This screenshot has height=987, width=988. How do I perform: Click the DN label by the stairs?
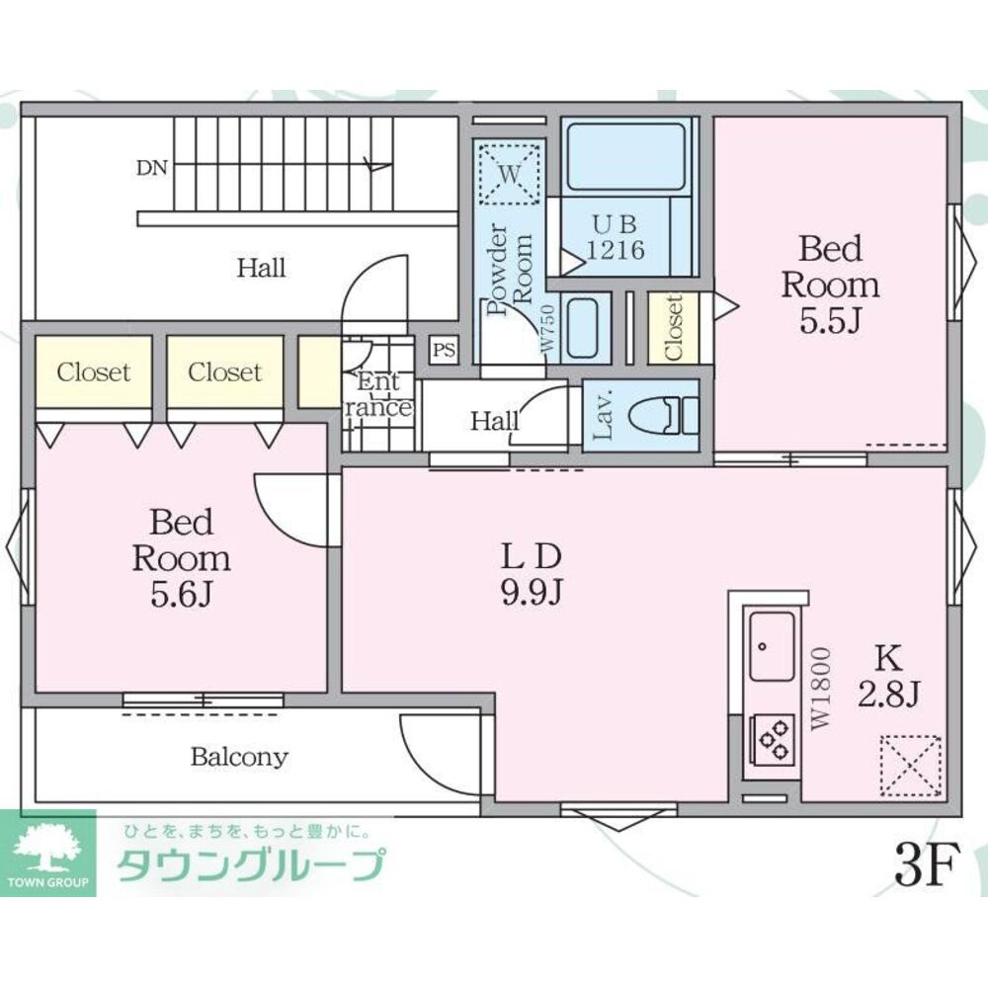[x=151, y=168]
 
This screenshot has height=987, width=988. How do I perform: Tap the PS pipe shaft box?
[x=444, y=349]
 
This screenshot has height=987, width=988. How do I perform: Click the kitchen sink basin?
[x=772, y=645]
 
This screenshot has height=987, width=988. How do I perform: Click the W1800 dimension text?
[x=821, y=689]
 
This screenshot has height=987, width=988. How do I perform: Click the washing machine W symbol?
[x=509, y=174]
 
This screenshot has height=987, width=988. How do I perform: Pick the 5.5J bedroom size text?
[x=830, y=321]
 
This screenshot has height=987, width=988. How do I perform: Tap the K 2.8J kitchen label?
[x=887, y=676]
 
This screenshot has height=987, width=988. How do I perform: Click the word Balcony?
[x=239, y=758]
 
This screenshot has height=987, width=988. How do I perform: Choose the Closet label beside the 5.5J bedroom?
[x=674, y=328]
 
